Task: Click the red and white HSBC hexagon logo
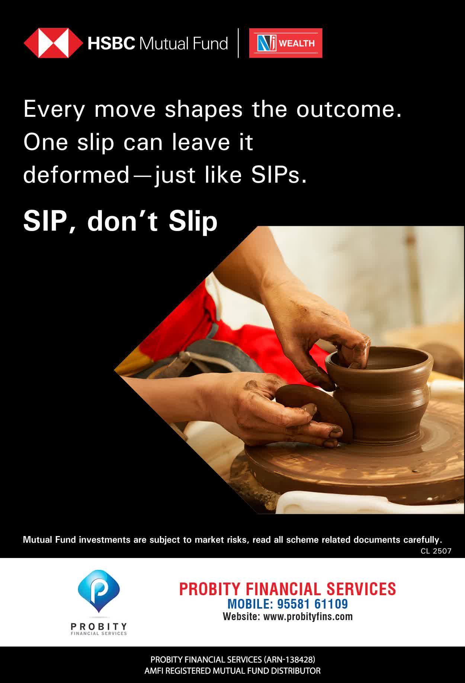tap(53, 43)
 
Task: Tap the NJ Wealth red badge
tap(286, 43)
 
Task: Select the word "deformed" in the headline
tap(76, 175)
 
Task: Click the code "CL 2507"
tap(436, 551)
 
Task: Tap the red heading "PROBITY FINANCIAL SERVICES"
tap(288, 589)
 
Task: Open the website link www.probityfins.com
tap(308, 616)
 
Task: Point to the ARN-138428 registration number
tap(289, 660)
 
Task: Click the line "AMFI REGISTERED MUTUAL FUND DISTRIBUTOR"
tap(232, 671)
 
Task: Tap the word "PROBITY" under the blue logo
tap(99, 627)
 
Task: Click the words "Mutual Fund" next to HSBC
tap(183, 44)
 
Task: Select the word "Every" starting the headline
tap(54, 110)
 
